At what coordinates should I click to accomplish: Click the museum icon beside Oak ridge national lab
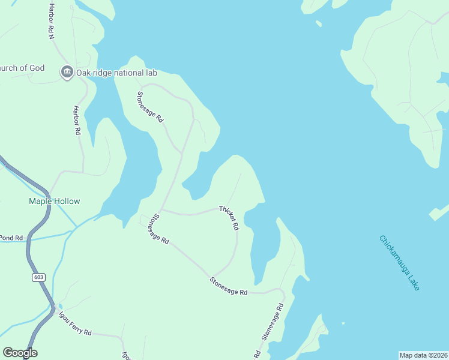67,73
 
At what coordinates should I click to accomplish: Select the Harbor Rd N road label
51,21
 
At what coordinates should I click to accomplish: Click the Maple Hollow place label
55,201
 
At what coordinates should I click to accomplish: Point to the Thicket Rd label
229,218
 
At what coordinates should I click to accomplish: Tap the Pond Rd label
11,238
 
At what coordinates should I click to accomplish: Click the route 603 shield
39,277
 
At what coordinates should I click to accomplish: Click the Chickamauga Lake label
400,263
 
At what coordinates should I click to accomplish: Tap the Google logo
20,353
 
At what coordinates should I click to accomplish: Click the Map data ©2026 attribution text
423,355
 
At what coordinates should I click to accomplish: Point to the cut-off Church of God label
22,68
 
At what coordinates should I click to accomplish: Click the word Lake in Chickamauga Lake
412,280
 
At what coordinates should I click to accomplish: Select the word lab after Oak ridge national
151,73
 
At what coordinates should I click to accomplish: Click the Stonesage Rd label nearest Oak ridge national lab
150,107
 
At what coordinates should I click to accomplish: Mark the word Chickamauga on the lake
393,254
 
